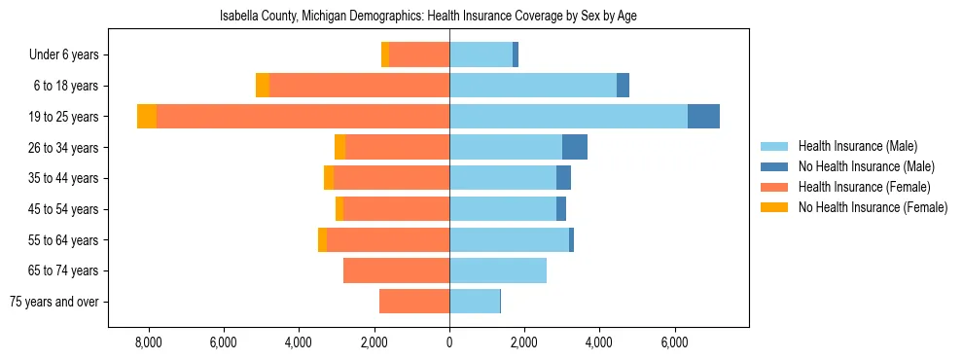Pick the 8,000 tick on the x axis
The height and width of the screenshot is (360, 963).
(x=149, y=342)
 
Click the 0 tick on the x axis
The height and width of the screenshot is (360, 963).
(x=449, y=342)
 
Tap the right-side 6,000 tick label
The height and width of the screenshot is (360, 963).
(x=674, y=342)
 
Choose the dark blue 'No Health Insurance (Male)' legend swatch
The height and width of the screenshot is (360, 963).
(x=774, y=166)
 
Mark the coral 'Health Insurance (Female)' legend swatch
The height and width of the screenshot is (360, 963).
(x=774, y=187)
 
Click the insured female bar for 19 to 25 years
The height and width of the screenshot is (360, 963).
(x=303, y=117)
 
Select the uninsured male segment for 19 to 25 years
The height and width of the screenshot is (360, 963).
(x=703, y=117)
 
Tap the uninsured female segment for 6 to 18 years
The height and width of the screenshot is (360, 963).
(x=263, y=86)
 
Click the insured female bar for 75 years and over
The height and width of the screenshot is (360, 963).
(x=414, y=302)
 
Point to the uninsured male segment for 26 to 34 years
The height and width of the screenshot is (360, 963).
(x=575, y=147)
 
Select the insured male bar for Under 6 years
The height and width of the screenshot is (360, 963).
(x=481, y=55)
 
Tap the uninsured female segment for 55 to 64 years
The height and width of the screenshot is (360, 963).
(x=322, y=239)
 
